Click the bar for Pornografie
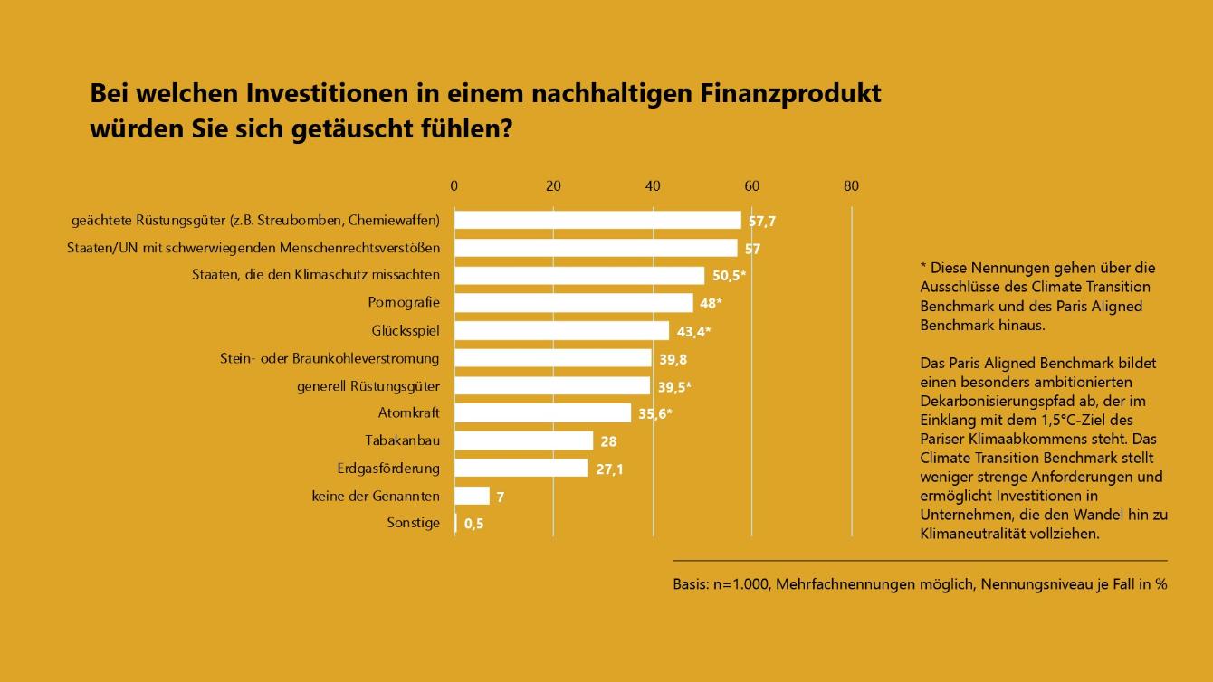click(x=573, y=303)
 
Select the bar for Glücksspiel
click(x=561, y=331)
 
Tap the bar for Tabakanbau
click(x=523, y=440)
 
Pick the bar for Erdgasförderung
click(x=521, y=469)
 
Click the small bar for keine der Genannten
click(x=472, y=496)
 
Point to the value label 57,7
click(x=762, y=221)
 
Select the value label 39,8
click(x=673, y=359)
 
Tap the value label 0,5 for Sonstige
click(x=473, y=524)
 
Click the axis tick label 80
click(x=851, y=186)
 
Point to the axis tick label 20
click(x=553, y=186)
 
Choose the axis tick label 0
click(x=454, y=186)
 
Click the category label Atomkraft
click(x=408, y=413)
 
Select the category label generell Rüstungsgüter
click(x=368, y=386)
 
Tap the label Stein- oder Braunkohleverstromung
click(x=330, y=358)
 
